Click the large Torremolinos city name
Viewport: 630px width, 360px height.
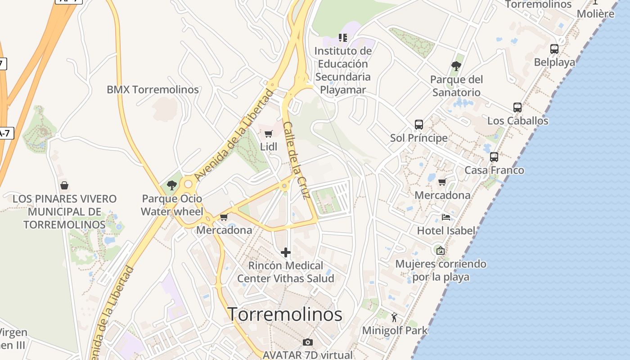point(284,314)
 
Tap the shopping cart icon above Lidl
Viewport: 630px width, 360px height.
point(269,134)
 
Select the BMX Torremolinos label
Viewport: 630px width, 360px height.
point(153,90)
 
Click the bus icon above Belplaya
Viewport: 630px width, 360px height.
point(554,49)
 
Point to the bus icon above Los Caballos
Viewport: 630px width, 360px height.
point(517,108)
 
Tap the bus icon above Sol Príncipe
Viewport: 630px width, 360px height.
point(419,125)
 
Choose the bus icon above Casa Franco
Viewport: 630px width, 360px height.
point(494,157)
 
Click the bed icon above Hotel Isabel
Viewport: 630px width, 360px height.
point(446,217)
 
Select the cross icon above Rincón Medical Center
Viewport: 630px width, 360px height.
point(286,252)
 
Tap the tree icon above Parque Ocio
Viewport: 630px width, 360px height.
point(172,185)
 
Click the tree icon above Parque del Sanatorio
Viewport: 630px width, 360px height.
point(456,66)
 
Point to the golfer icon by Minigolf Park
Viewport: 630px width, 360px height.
point(395,317)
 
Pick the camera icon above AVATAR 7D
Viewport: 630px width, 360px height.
point(308,342)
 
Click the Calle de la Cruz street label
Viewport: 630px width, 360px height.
point(297,160)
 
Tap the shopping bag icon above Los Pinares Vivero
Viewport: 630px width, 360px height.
point(64,185)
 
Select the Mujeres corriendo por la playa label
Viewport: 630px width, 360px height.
point(441,270)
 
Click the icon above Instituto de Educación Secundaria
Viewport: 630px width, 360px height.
point(343,38)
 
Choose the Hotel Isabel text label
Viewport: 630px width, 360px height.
point(446,231)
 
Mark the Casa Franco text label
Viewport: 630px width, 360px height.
point(494,170)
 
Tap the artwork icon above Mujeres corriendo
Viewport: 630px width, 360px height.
point(440,251)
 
